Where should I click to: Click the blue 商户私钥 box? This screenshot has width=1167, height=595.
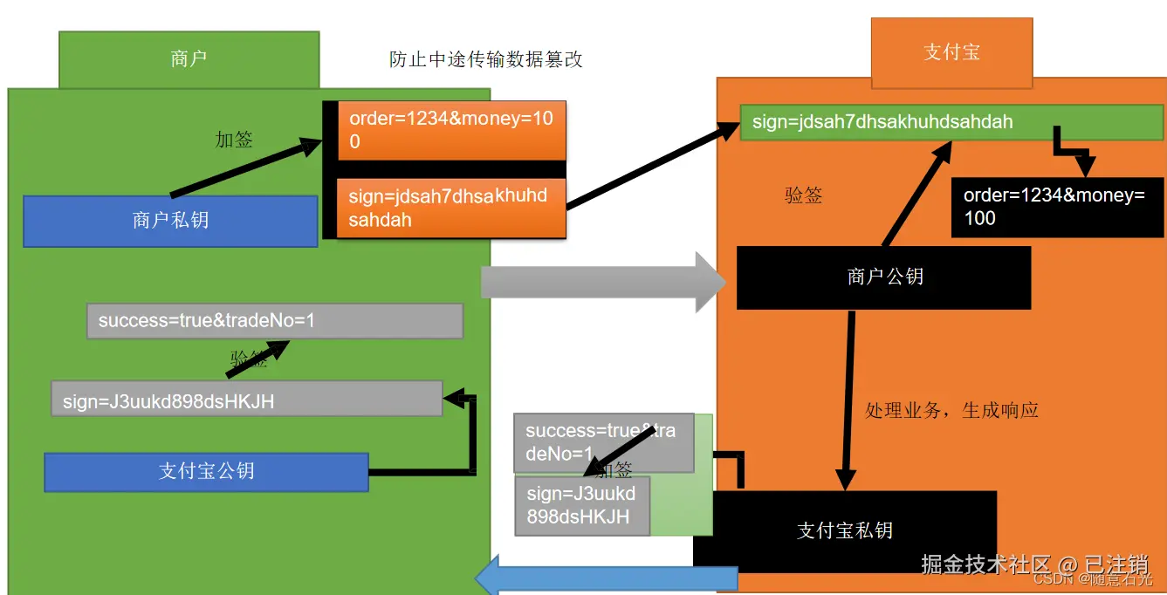(170, 221)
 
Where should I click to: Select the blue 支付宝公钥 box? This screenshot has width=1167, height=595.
(207, 471)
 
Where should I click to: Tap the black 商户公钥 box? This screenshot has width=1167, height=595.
(884, 277)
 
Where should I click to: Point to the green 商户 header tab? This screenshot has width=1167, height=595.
(189, 59)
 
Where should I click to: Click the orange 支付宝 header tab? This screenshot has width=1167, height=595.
(951, 52)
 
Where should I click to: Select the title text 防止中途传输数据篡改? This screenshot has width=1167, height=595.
(485, 59)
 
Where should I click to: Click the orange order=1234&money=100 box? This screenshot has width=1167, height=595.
(452, 130)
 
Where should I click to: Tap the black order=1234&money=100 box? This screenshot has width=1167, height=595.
(1057, 208)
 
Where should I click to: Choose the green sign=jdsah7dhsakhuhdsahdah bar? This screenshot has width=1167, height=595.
(951, 122)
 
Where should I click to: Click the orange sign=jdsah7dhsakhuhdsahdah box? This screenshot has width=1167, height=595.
(452, 209)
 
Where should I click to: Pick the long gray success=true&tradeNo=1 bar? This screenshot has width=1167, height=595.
(274, 321)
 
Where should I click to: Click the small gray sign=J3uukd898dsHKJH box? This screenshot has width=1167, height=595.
(582, 505)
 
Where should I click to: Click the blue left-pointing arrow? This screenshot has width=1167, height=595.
(606, 578)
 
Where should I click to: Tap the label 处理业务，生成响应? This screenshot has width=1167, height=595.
(951, 410)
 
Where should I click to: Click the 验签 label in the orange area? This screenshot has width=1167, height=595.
(803, 195)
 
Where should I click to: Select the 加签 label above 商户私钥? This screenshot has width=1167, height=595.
(233, 140)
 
